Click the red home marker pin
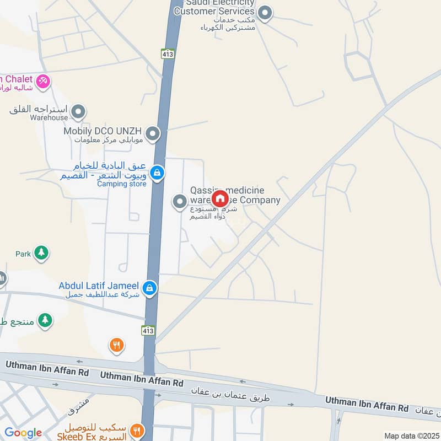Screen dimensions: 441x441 219,198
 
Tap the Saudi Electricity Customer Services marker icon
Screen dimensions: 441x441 265,13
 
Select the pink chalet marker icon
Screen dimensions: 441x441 43,82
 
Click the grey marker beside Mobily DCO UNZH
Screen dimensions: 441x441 153,133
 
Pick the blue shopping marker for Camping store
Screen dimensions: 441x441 157,173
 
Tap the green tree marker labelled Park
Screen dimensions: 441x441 41,253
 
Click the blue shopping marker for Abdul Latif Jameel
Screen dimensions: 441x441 149,288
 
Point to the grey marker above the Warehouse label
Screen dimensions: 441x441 78,112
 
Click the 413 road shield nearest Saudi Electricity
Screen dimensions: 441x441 168,53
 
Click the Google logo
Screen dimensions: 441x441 23,433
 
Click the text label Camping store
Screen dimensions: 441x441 122,184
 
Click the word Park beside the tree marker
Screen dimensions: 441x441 23,254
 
